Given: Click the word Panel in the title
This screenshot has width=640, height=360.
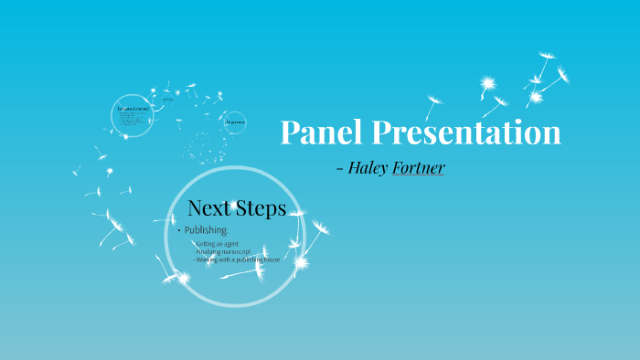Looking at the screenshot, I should coord(321,133).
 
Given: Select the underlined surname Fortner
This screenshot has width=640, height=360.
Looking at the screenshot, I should coord(419,168).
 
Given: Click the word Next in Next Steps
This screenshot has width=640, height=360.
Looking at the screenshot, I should coord(208,208).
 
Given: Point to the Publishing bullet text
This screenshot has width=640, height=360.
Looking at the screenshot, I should coord(206,229).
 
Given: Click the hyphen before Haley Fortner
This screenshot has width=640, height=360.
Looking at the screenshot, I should coord(340,169).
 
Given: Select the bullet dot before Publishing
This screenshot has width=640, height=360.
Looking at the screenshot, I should coord(179,230).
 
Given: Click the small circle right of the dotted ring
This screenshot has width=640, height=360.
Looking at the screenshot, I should coord(235,122).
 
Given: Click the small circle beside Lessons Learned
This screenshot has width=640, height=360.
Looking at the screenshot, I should coord(168,99).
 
